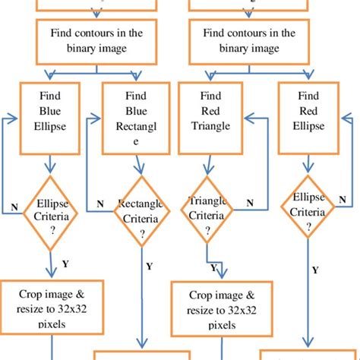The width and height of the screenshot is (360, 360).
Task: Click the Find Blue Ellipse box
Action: coord(49,118)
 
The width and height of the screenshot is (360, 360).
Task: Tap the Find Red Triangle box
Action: coord(210,118)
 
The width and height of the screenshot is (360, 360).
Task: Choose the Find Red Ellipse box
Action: coord(308,118)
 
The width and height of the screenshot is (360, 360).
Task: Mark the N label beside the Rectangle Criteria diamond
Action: coord(100,204)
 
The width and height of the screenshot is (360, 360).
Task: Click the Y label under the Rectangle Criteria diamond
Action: coord(149,266)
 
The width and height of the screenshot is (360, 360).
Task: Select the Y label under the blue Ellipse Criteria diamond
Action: coord(65,264)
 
